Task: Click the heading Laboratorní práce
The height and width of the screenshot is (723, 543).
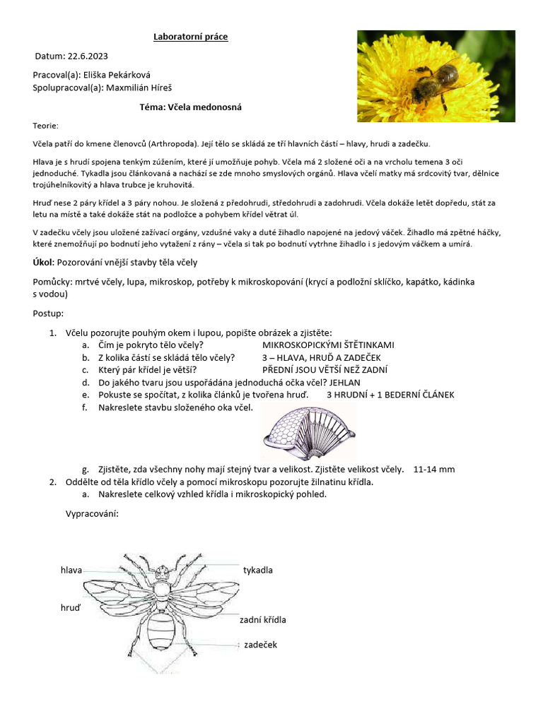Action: (x=191, y=37)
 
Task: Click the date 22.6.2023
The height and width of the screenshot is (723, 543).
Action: (x=88, y=56)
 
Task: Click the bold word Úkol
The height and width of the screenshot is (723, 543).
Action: (x=43, y=262)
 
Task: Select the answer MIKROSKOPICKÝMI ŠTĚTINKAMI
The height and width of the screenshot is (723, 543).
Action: (x=328, y=345)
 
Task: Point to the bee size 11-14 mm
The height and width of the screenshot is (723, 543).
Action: (x=434, y=470)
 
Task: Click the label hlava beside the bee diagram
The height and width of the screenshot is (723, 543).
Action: (x=71, y=570)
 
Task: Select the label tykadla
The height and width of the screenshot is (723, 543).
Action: (x=258, y=570)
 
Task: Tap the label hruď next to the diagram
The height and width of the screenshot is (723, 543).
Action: (x=71, y=607)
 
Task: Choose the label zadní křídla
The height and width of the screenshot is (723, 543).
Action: (x=262, y=619)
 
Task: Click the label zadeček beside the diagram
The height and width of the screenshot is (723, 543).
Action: (x=260, y=645)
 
